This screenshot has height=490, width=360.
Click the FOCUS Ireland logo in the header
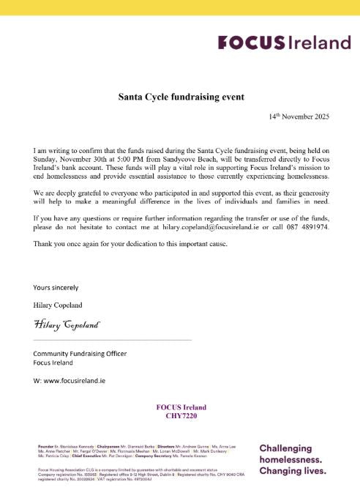coord(284,43)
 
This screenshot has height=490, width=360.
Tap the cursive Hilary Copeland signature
coord(66,324)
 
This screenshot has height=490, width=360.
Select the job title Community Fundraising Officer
coord(80,354)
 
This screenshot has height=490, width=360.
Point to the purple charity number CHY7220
coord(181,416)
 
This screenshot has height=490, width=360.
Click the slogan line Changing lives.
coord(292,472)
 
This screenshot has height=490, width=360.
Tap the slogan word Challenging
coord(285,448)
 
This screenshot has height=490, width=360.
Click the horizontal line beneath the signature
coord(112,340)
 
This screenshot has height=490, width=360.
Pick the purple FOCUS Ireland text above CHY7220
coord(181,407)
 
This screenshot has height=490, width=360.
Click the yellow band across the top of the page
coord(180,7)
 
